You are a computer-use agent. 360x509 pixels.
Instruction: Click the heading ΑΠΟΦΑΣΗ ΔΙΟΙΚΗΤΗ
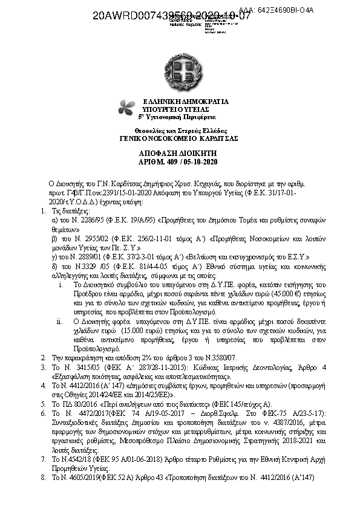click(179, 154)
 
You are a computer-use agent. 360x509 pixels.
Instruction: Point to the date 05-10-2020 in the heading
click(203, 162)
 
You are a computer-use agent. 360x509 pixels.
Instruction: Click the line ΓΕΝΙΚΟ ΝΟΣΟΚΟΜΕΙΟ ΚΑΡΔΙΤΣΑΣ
click(179, 138)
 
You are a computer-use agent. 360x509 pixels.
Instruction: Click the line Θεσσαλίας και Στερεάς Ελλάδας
click(179, 131)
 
